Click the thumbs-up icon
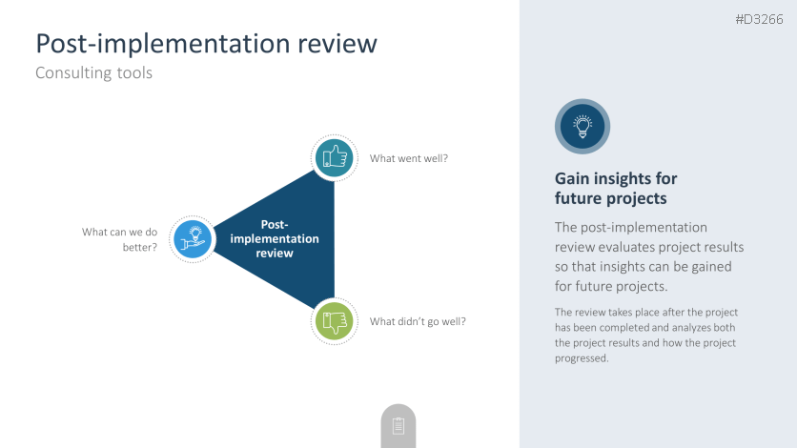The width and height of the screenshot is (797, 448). pos(335,158)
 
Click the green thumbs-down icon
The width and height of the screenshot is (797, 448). pos(335,321)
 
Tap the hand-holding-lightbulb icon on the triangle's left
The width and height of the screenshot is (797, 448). pos(193,238)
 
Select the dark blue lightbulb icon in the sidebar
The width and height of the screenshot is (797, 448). pos(582,126)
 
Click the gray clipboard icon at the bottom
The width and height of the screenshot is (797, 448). pos(398,426)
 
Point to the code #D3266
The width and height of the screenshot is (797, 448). pos(760,19)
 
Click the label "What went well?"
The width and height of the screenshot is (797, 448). pos(409,158)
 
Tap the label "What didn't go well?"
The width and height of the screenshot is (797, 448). pos(418,321)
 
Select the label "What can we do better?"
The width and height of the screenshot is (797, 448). pos(119,239)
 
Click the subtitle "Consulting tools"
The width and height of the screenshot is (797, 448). pos(94,72)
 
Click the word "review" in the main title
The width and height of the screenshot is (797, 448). pos(337,43)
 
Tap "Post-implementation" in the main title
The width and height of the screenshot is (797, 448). pos(164,44)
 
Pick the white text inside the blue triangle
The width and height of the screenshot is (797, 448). pos(275,238)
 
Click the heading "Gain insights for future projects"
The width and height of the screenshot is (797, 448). pos(616,188)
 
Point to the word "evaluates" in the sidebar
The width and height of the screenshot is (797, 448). pos(626,247)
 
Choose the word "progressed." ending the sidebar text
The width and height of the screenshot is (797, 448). pos(582,358)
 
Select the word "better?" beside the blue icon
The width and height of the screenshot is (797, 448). pos(140,248)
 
